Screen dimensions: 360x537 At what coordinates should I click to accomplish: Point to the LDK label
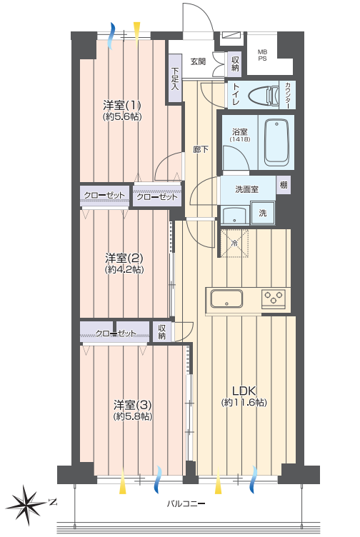coord(244,391)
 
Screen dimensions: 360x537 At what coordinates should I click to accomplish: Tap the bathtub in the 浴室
coord(276,142)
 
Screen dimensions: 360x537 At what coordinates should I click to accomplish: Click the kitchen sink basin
coord(226,298)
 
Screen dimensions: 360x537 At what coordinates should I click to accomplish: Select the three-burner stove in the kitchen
coord(274,297)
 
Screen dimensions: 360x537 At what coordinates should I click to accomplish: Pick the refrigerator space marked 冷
coord(234,244)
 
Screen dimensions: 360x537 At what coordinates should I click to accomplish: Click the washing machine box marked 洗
coord(262,213)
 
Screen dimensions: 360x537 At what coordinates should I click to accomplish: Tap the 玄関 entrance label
coord(198,61)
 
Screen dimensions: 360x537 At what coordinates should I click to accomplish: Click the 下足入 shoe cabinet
coord(175,78)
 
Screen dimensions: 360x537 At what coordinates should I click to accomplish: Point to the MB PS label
coord(262,55)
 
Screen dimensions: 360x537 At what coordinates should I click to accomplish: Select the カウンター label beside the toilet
coord(287,95)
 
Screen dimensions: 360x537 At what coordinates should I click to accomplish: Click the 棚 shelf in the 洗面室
coord(284,185)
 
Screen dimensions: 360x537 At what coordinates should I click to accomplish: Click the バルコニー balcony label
coord(186,503)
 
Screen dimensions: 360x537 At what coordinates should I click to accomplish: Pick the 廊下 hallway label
coord(201,149)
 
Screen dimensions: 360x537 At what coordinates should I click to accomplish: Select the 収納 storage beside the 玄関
coord(235,64)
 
